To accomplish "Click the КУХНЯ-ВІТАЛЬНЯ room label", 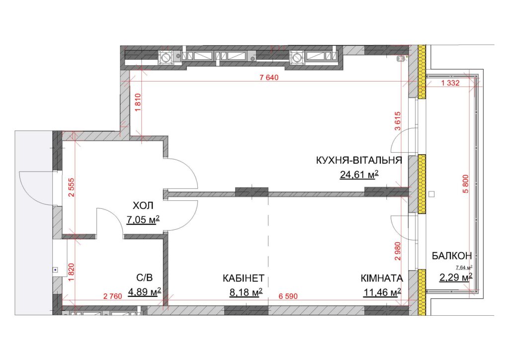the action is pyautogui.click(x=359, y=161).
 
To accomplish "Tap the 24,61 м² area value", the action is pyautogui.click(x=359, y=175).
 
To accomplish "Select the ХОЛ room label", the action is pyautogui.click(x=143, y=206).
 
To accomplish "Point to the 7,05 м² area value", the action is pyautogui.click(x=143, y=220).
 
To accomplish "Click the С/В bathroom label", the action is pyautogui.click(x=145, y=278).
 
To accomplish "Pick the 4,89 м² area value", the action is pyautogui.click(x=145, y=292).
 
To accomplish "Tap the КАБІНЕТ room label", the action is pyautogui.click(x=244, y=278).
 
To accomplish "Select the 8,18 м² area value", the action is pyautogui.click(x=246, y=292).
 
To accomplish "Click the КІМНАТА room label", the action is pyautogui.click(x=382, y=278).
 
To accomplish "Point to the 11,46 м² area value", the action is pyautogui.click(x=382, y=292).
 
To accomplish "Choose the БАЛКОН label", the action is pyautogui.click(x=451, y=256).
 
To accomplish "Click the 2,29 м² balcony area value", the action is pyautogui.click(x=456, y=277).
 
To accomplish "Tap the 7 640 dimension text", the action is pyautogui.click(x=269, y=78).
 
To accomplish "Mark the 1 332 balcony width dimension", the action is pyautogui.click(x=450, y=83).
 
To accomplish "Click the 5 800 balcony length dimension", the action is pyautogui.click(x=466, y=184).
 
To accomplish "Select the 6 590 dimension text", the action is pyautogui.click(x=288, y=296).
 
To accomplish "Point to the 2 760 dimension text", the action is pyautogui.click(x=113, y=296).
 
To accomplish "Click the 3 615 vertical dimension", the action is pyautogui.click(x=398, y=121).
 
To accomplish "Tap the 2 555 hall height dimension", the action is pyautogui.click(x=72, y=187).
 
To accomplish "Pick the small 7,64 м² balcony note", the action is pyautogui.click(x=464, y=268).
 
